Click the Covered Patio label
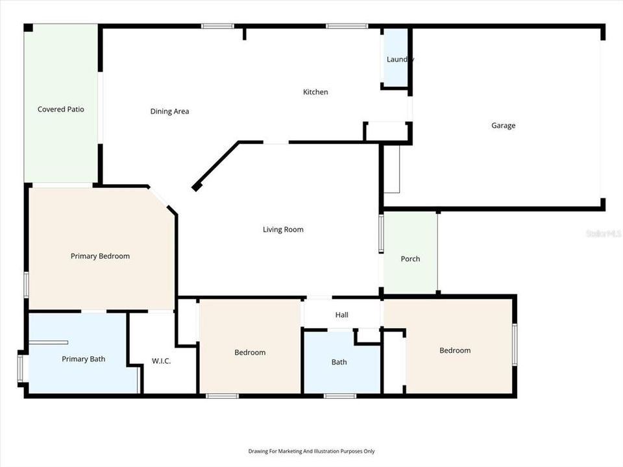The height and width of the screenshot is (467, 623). [x=61, y=110]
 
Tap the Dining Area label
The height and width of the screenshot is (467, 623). [x=170, y=112]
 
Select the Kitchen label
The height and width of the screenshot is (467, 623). [x=316, y=92]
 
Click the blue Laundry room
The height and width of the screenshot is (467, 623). [x=396, y=58]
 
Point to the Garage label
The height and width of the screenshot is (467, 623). [x=504, y=126]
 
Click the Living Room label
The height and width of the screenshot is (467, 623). [x=283, y=230]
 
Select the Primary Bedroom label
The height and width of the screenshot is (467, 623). [x=100, y=256]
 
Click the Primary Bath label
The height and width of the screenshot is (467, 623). [x=84, y=359]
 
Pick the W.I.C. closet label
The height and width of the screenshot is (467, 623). [x=162, y=361]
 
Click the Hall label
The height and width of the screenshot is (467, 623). [x=342, y=315]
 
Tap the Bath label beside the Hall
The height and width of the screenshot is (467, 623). [x=339, y=362]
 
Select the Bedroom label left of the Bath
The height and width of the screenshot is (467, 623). [x=250, y=352]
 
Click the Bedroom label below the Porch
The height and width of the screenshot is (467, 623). [x=455, y=350]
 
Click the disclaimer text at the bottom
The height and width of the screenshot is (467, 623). [x=311, y=451]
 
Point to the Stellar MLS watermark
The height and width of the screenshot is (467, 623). [x=604, y=233]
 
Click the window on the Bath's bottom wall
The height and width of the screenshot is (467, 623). [x=339, y=396]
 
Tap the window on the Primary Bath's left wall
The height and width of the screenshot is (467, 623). [x=20, y=367]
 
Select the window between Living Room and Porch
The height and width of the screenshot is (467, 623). [x=381, y=233]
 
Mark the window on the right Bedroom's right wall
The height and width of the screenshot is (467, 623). [x=515, y=344]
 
